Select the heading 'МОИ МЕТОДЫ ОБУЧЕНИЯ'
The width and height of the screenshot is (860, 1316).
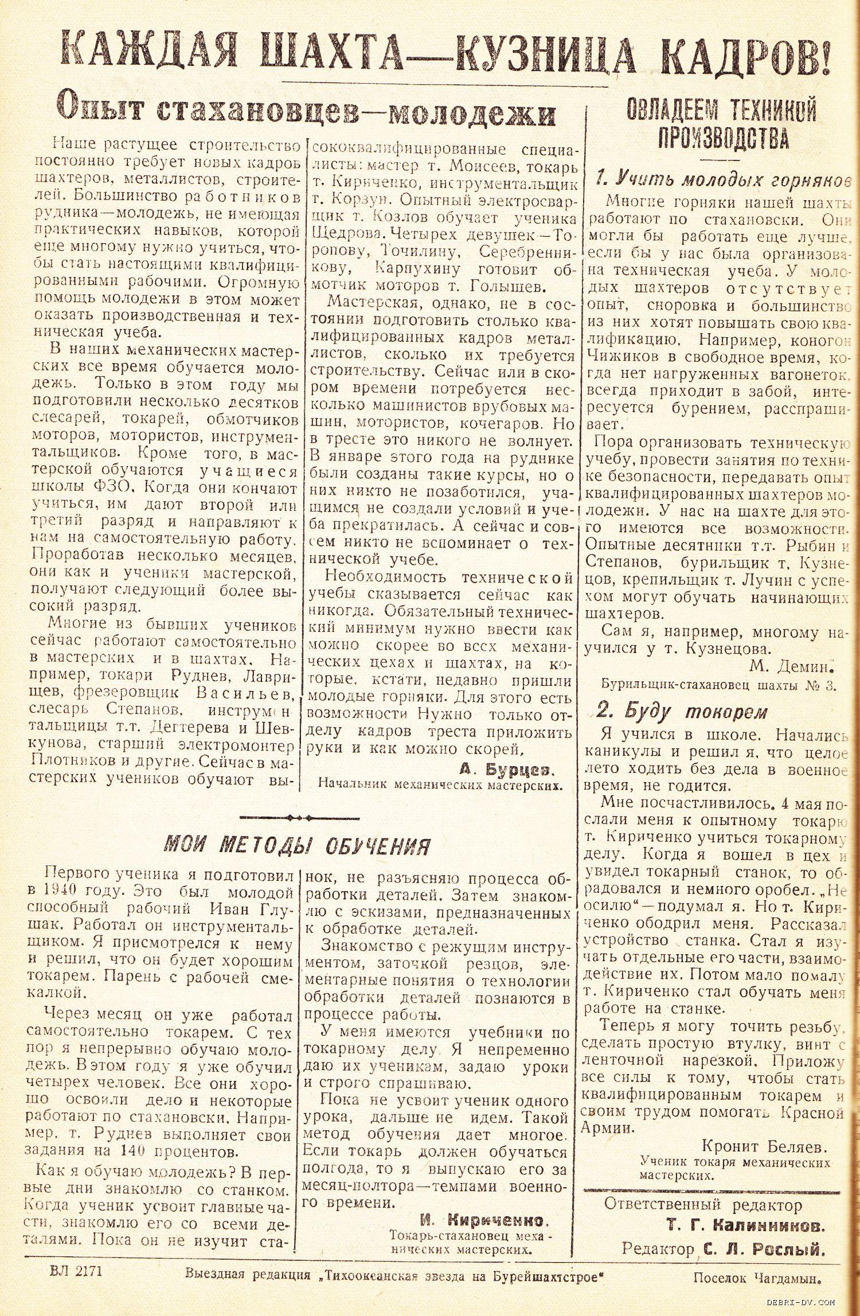pyautogui.click(x=297, y=845)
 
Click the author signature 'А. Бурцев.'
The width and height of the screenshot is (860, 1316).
pyautogui.click(x=509, y=769)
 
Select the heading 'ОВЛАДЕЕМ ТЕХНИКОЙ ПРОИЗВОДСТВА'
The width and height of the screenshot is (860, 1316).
pyautogui.click(x=721, y=123)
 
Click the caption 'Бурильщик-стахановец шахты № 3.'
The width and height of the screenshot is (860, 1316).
pyautogui.click(x=719, y=685)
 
